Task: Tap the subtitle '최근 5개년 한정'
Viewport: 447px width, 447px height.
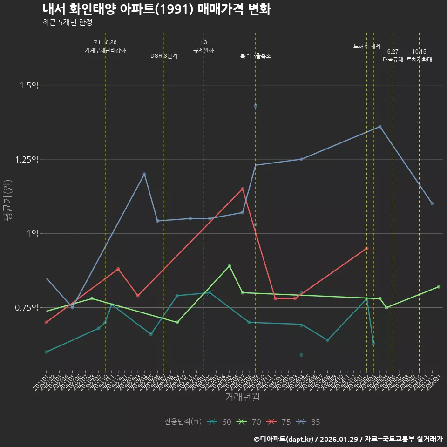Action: click(x=70, y=22)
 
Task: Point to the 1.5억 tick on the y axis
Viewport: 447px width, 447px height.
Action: click(x=29, y=85)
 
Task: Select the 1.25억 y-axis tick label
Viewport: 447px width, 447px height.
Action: click(x=27, y=159)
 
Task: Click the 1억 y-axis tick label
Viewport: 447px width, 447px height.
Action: click(x=32, y=233)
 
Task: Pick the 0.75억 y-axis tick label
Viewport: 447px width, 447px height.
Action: click(x=27, y=307)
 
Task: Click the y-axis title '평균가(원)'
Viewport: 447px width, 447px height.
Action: click(x=8, y=202)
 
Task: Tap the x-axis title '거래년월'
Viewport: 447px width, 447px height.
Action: click(x=242, y=397)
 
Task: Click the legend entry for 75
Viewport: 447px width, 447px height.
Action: click(x=280, y=422)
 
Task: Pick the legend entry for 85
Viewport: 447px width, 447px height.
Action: click(x=309, y=422)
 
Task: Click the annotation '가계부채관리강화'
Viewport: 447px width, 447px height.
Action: click(x=105, y=50)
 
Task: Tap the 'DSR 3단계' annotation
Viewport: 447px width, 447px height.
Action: click(x=163, y=56)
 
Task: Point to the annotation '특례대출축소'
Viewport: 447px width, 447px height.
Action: click(x=256, y=56)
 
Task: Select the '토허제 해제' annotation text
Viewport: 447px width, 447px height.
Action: click(x=367, y=46)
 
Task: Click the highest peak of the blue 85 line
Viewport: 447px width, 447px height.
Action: click(x=380, y=126)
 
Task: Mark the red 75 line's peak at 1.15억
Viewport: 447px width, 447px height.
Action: click(x=243, y=189)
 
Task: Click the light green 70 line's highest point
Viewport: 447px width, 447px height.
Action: click(x=229, y=266)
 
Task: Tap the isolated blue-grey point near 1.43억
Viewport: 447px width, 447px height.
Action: click(x=256, y=106)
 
